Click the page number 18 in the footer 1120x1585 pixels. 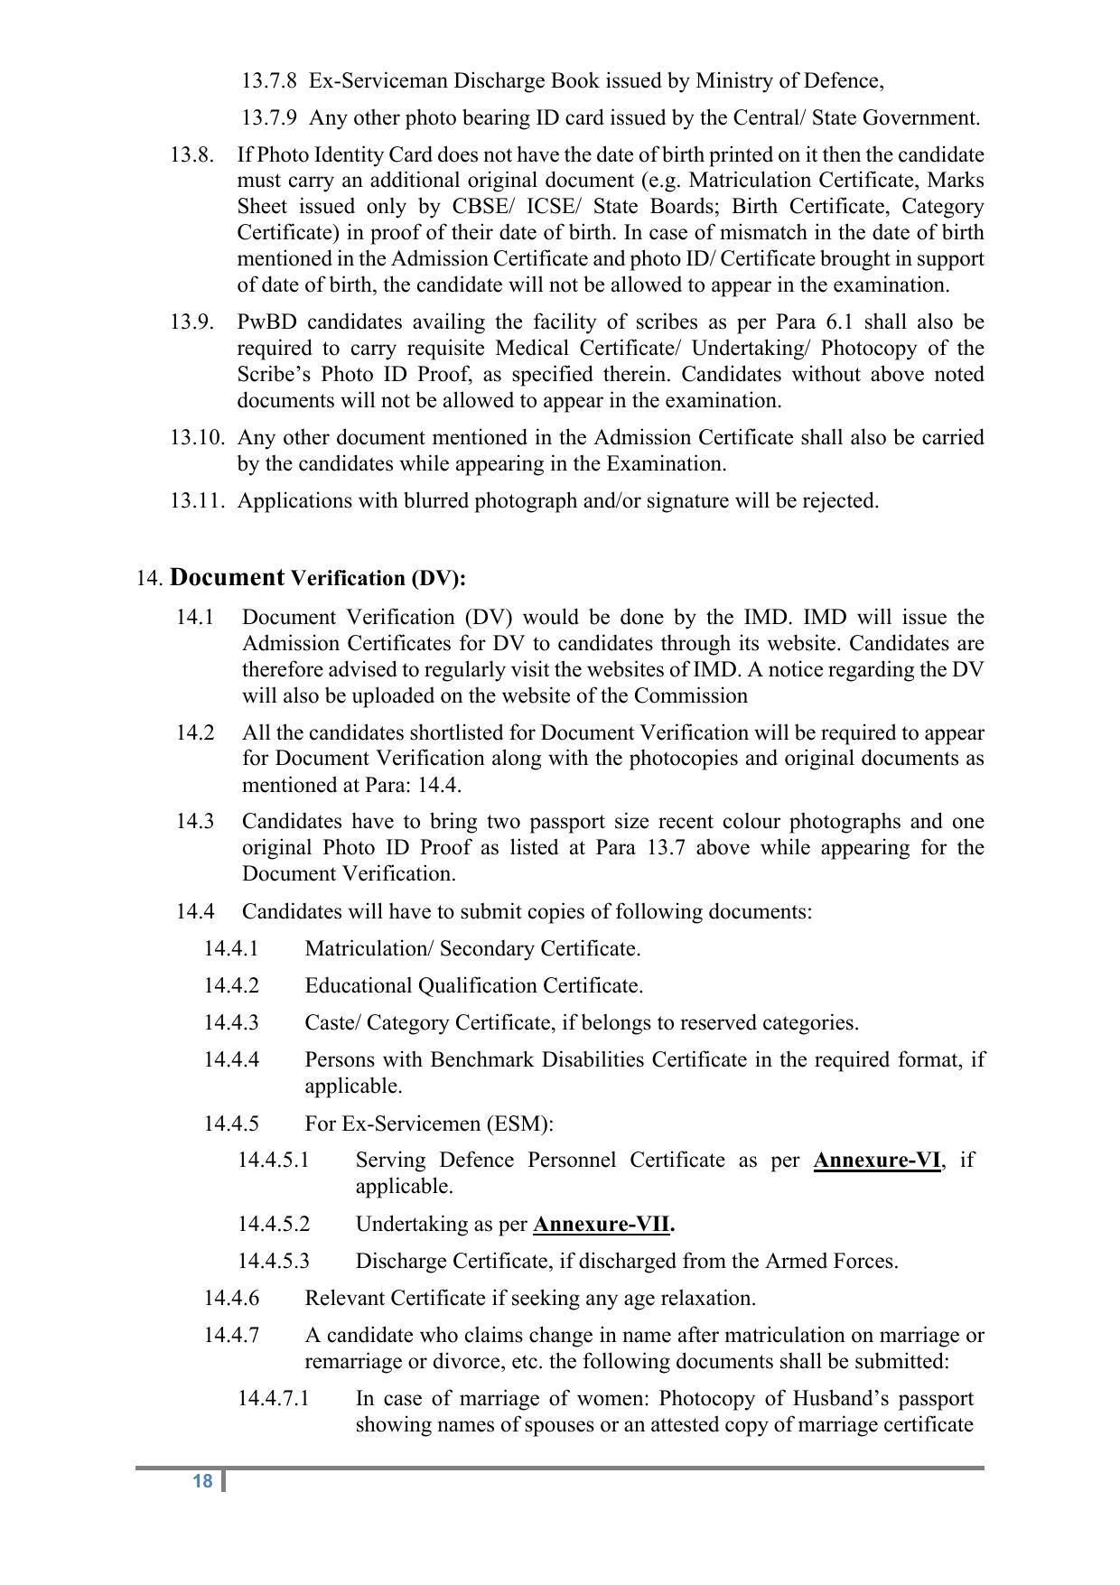point(202,1481)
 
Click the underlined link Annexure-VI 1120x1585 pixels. point(876,1161)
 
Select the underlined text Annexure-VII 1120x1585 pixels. point(602,1225)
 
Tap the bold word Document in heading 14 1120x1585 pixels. point(227,578)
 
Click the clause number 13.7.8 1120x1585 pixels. point(268,81)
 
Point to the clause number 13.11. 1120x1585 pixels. point(196,500)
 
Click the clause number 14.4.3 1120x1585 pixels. point(231,1022)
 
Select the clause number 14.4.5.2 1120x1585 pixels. point(273,1225)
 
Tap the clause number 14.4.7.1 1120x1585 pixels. point(273,1399)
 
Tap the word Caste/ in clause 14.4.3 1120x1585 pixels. point(332,1022)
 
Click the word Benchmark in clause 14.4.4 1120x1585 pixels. point(479,1059)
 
